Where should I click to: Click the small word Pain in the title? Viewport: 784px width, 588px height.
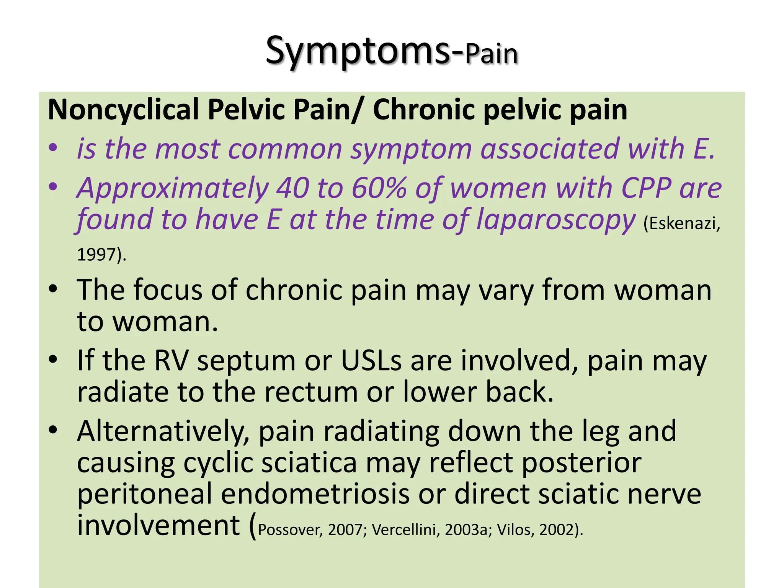(491, 54)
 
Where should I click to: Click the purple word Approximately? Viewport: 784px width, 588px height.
(172, 189)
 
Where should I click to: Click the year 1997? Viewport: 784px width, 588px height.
(97, 255)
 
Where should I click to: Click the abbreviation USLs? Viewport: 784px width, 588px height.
(371, 361)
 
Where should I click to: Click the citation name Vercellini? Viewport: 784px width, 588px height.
(405, 530)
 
